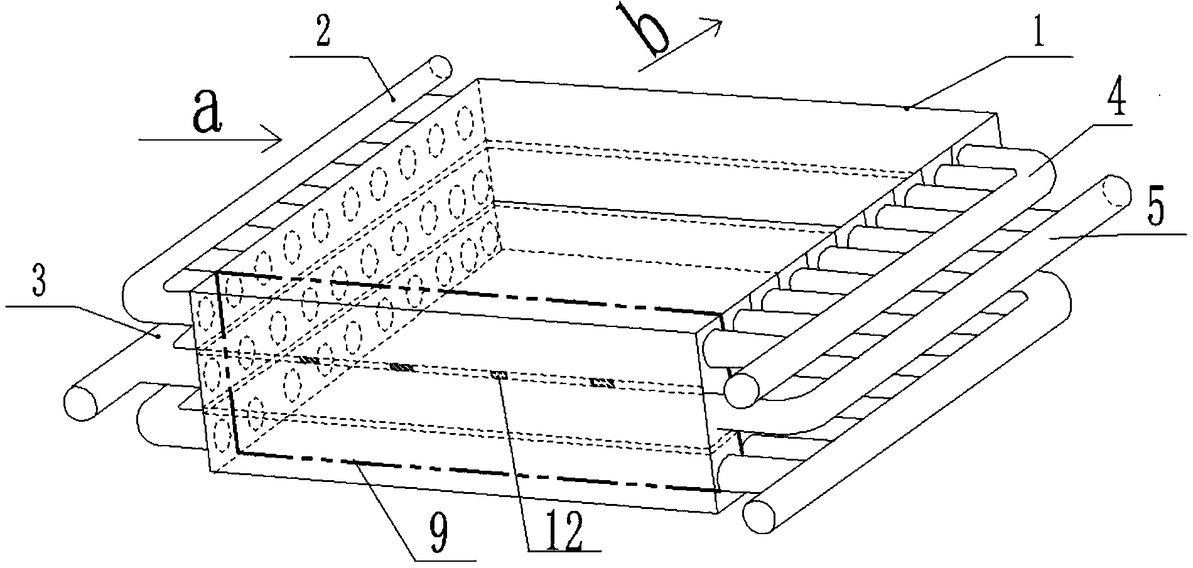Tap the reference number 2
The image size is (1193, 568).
point(323,29)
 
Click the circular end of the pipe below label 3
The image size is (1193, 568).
point(82,402)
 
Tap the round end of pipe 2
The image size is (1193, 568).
point(438,66)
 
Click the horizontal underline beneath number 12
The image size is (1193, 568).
point(564,551)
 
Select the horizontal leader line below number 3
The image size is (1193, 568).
point(39,306)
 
